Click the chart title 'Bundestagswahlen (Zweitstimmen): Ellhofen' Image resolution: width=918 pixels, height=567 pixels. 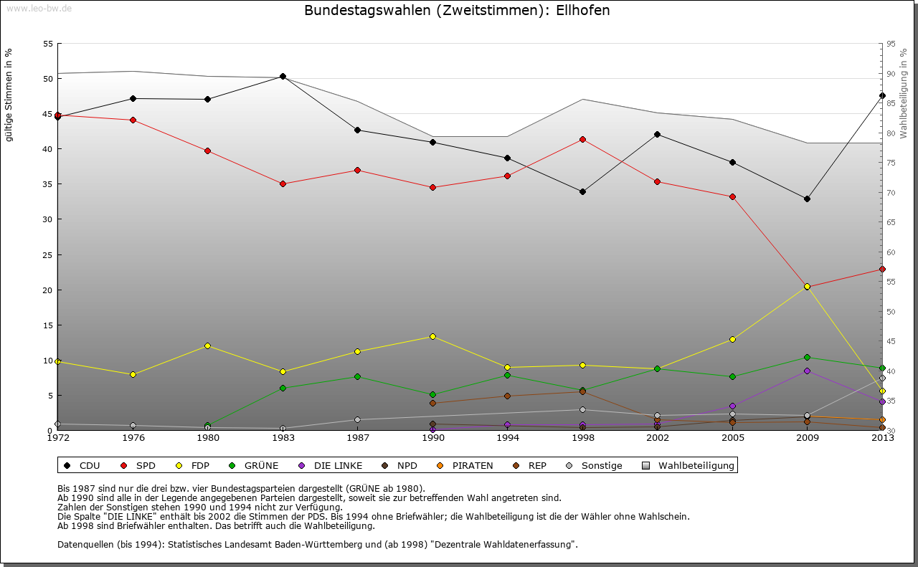coord(457,11)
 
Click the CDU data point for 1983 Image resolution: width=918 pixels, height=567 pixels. coord(283,77)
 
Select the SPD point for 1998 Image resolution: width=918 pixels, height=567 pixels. coord(582,139)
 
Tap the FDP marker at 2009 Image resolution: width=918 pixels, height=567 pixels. coord(807,287)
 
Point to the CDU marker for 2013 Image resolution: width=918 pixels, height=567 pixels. coord(882,95)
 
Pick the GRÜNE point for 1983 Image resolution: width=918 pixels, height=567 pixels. coord(283,388)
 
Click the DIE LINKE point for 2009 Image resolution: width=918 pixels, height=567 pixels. coord(807,371)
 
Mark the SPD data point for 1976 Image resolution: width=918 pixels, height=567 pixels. coord(133,120)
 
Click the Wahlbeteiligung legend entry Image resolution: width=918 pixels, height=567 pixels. coord(689,466)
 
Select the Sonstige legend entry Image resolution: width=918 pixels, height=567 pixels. coord(595,466)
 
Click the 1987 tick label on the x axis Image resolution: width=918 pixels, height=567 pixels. coord(358,437)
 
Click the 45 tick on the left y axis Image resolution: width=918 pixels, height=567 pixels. coord(48,114)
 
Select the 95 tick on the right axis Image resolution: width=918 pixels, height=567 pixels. coord(891,44)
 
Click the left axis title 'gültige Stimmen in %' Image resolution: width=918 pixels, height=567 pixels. coord(9,95)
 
